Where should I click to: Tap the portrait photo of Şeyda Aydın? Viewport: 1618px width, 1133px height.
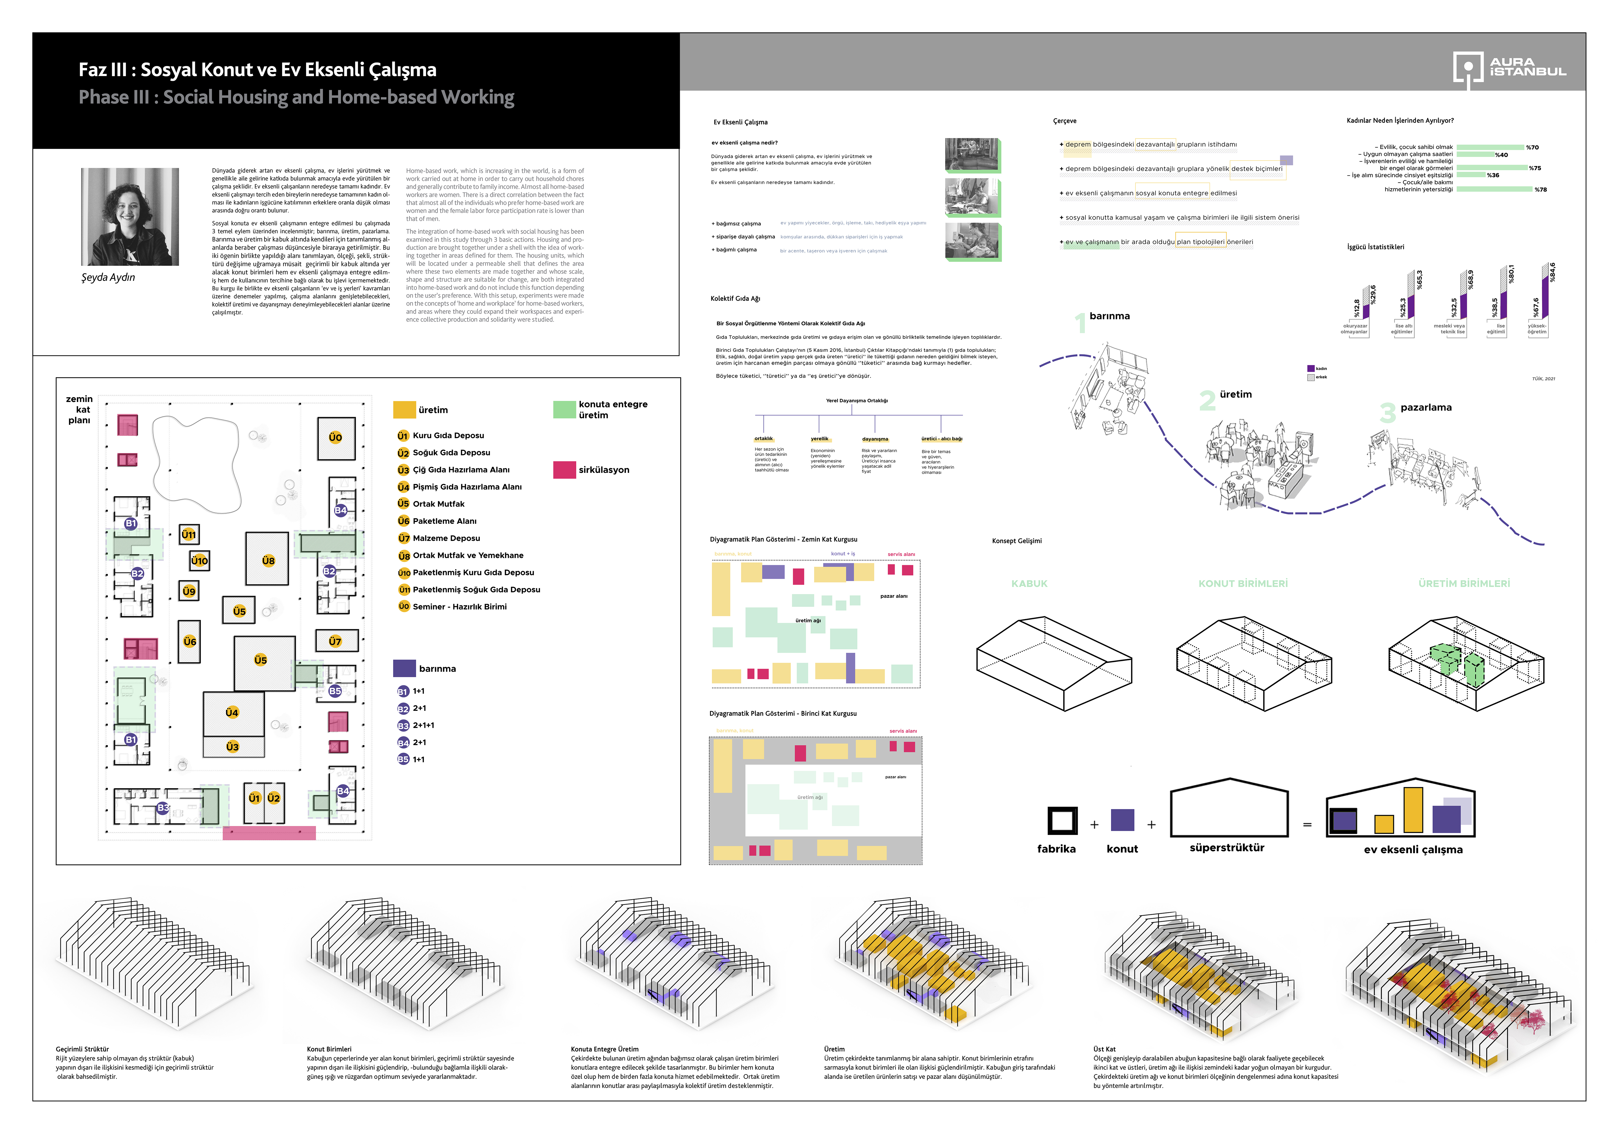click(130, 216)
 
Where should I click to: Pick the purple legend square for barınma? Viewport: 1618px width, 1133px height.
click(404, 668)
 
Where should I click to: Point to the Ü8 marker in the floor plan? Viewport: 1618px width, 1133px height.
click(268, 561)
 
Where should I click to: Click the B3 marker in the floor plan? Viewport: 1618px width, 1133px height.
click(163, 807)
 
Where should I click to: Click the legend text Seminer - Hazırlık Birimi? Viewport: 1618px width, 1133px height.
click(460, 606)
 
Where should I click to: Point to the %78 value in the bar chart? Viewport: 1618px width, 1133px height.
click(1541, 190)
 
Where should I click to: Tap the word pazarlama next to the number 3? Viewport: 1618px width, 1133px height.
click(1426, 408)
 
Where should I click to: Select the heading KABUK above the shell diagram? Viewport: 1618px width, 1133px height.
click(1029, 584)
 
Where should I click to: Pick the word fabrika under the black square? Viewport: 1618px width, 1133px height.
click(1056, 849)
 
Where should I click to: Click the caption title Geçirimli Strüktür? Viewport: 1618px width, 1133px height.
click(83, 1049)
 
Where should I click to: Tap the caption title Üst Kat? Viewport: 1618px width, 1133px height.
click(1104, 1049)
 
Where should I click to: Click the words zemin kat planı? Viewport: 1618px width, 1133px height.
click(80, 409)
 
